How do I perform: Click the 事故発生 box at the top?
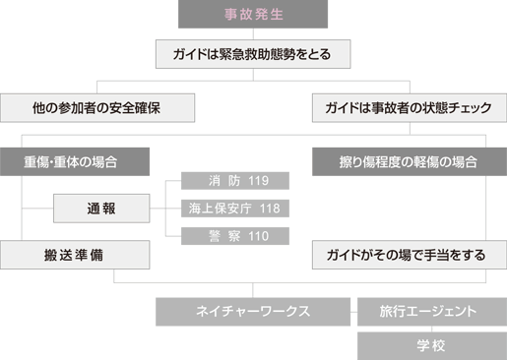coord(253,15)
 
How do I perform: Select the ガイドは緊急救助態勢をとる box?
coord(253,53)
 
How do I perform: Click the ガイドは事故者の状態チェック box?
coord(409,106)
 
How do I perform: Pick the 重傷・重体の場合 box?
coord(75,160)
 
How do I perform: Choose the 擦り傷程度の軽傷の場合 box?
coord(409,160)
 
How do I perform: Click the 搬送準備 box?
coord(75,255)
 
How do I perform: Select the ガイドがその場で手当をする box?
coord(409,255)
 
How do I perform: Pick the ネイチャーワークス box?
coord(253,311)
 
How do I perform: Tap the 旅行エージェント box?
coord(430,311)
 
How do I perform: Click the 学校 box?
coord(430,345)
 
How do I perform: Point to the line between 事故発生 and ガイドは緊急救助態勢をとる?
coord(253,33)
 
